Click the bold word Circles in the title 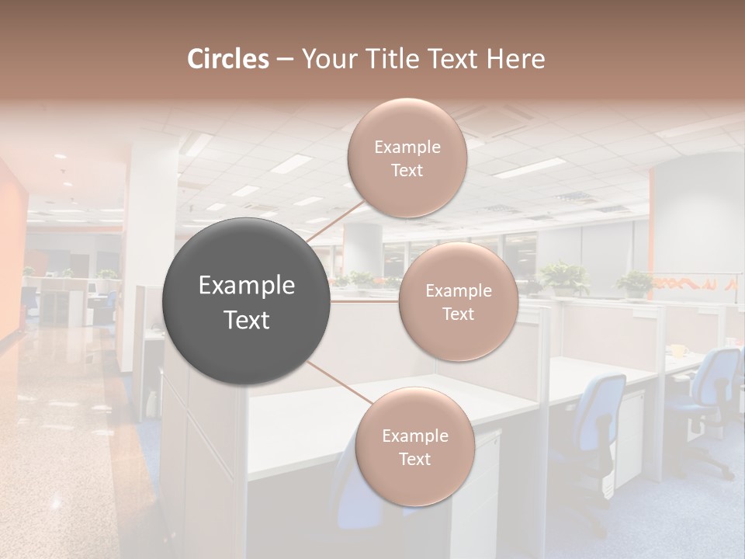(227, 59)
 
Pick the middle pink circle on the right (458, 301)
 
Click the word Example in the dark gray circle (247, 286)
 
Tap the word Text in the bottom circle (414, 459)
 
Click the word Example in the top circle (407, 147)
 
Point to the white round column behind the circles (362, 248)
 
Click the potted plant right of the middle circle (565, 278)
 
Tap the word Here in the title (517, 59)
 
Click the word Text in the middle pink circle (458, 314)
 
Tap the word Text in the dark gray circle (247, 320)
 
